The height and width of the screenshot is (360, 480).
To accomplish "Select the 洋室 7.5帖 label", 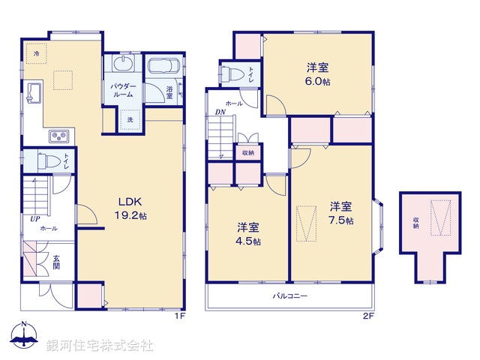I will [x=341, y=212].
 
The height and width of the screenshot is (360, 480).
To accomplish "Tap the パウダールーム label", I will [x=124, y=91].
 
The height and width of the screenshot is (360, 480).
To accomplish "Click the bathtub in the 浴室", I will [x=161, y=66].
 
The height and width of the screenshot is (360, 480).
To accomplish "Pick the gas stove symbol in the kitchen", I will [x=58, y=136].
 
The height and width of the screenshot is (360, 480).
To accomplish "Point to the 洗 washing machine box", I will [x=130, y=119].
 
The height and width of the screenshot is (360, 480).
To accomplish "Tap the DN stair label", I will [x=220, y=112].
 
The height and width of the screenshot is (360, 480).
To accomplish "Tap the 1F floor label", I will [x=179, y=316].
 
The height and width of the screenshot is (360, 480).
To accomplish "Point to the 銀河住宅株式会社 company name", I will [x=100, y=345].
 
